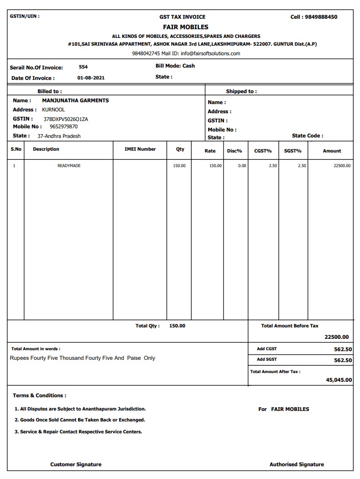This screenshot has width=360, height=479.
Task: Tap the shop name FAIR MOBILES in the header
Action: coord(186,27)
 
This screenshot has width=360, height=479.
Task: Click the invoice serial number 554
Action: coord(83,67)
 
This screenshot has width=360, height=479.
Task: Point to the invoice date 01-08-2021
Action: coord(91,78)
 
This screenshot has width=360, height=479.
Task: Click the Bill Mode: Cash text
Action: coord(175,66)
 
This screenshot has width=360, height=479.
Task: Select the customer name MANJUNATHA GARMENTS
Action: coord(75,100)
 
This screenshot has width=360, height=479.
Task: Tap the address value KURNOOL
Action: coord(53,110)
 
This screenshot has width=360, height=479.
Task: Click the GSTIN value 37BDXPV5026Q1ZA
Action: coord(69,119)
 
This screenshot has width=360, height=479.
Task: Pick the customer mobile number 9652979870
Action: coord(63,126)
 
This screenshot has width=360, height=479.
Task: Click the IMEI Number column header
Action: coord(140,149)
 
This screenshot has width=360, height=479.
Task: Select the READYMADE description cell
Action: coord(69,166)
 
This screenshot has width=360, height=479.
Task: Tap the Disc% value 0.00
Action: coord(242,166)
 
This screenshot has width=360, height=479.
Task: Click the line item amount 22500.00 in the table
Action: coord(342,166)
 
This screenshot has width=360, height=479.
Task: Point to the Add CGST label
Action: coord(267,349)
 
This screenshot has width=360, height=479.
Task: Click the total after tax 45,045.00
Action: coord(339,380)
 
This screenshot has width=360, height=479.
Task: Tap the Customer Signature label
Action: coord(76,464)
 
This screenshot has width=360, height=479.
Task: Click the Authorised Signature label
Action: coord(297,464)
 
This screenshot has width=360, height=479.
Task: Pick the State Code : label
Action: coord(308,136)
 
